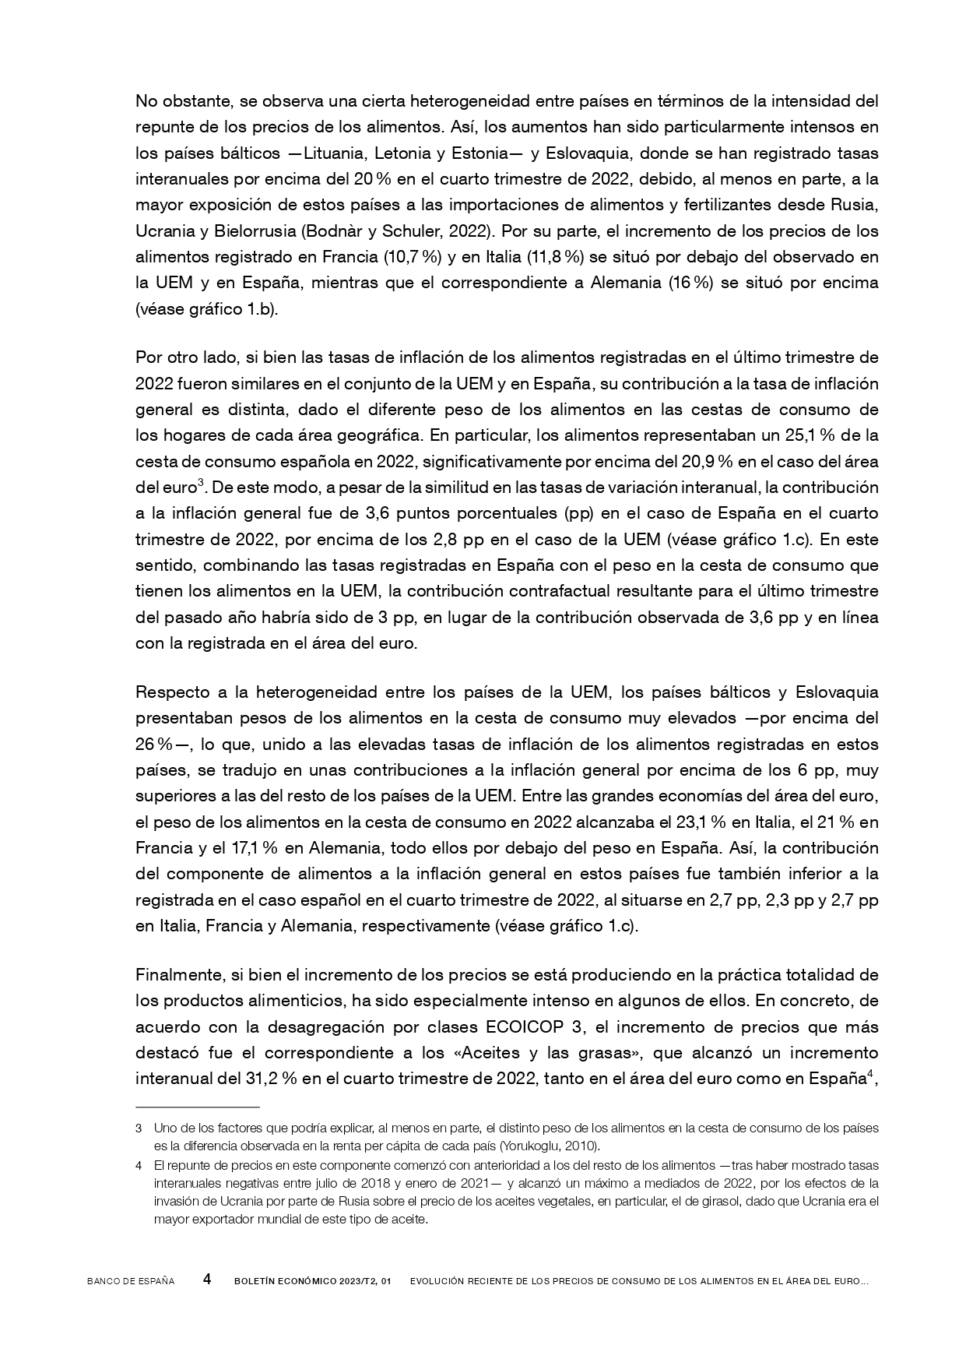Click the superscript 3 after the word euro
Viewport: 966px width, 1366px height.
pyautogui.click(x=200, y=484)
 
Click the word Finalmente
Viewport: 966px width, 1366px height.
pyautogui.click(x=178, y=974)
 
